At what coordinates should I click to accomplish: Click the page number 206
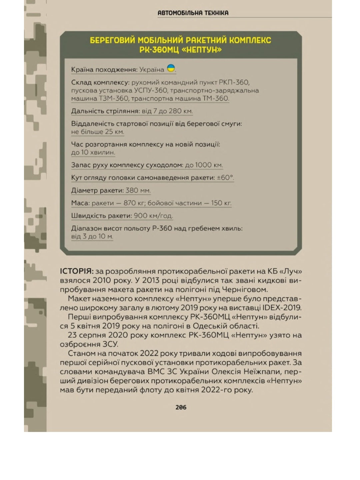tap(181, 407)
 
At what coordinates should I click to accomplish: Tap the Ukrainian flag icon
tap(171, 69)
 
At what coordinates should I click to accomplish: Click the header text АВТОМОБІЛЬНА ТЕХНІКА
tap(193, 13)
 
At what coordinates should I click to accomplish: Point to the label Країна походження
tap(104, 70)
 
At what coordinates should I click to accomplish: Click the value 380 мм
tap(138, 190)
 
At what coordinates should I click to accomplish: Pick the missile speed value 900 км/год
tap(153, 216)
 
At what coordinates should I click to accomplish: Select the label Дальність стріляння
tap(105, 111)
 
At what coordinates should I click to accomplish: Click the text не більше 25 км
tap(97, 132)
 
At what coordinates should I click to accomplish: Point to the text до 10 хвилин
tap(93, 152)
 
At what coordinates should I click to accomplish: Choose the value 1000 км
tap(209, 165)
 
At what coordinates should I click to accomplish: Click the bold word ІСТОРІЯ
tap(77, 271)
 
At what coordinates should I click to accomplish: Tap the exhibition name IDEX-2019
tap(282, 308)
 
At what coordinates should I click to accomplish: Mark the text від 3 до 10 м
tap(92, 236)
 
